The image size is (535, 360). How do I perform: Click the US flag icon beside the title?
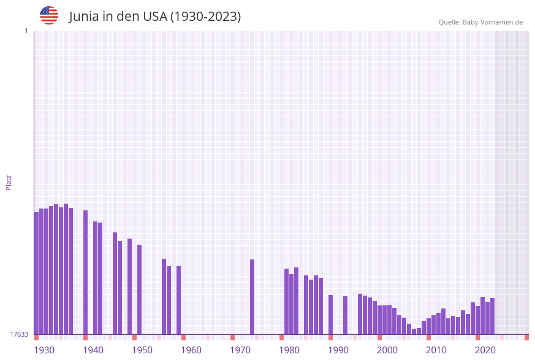click(x=49, y=15)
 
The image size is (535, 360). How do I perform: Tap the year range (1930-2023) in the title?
click(x=205, y=17)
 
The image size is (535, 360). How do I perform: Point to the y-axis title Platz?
click(x=9, y=182)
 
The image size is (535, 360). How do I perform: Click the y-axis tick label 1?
click(x=26, y=31)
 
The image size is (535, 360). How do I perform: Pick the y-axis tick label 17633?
click(x=19, y=334)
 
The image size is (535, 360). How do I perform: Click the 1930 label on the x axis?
click(x=44, y=350)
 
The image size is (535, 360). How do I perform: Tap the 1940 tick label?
click(x=93, y=350)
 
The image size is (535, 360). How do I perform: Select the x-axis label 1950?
click(x=142, y=350)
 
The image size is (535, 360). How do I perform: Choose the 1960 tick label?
click(x=191, y=350)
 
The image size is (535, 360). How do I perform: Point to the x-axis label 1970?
click(x=240, y=350)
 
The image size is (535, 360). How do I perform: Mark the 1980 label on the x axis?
click(x=289, y=350)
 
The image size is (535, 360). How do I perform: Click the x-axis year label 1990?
click(x=338, y=350)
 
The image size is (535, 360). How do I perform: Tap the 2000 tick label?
click(x=387, y=350)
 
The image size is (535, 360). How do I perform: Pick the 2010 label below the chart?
click(x=436, y=350)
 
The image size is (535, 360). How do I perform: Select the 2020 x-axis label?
click(x=485, y=350)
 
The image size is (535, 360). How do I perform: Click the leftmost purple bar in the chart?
click(x=36, y=273)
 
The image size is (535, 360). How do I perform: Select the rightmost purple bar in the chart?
click(x=492, y=316)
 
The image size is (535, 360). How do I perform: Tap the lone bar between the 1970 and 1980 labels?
click(x=252, y=297)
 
